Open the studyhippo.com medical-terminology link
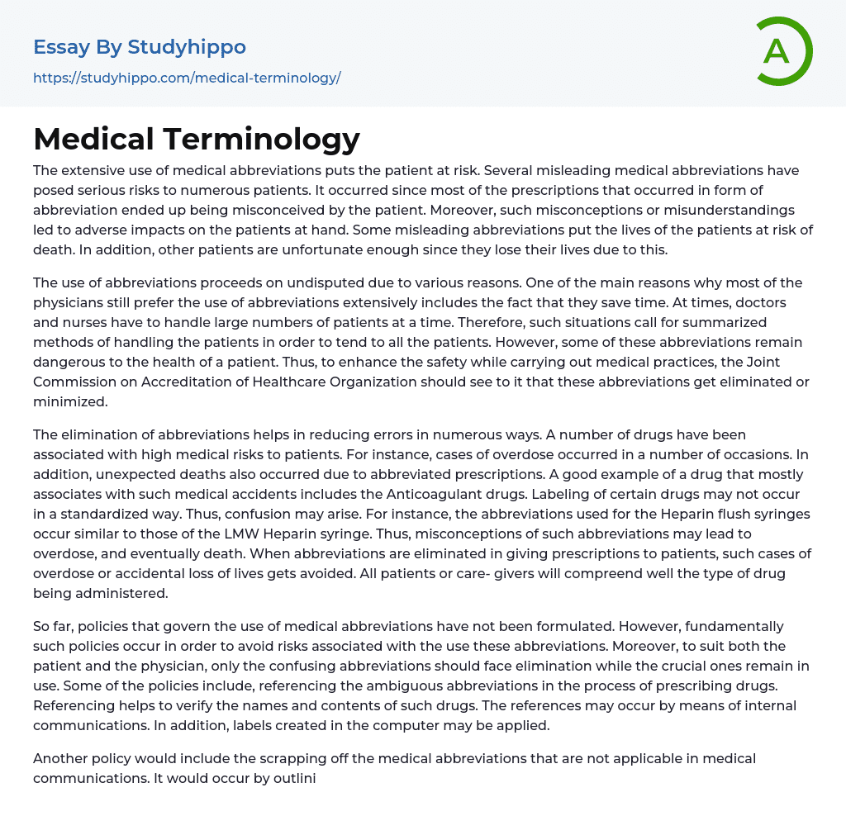[187, 78]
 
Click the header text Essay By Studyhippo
[140, 47]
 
